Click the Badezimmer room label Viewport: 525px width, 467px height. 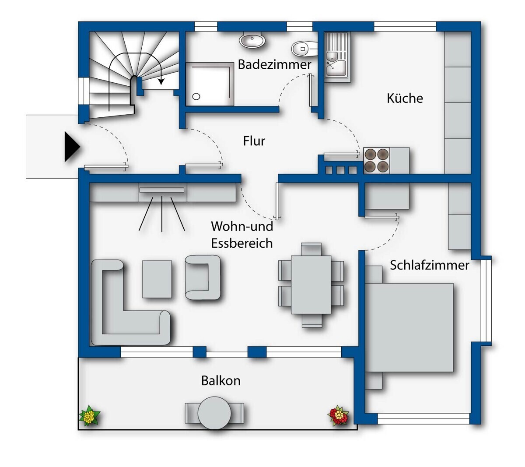274,64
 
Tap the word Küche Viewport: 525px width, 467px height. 405,98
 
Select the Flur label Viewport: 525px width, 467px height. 254,141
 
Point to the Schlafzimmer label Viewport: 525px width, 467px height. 429,265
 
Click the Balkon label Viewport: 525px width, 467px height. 221,381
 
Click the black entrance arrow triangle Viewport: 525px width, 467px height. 72,147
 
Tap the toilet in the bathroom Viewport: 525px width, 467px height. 304,49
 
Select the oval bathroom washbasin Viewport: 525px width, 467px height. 252,40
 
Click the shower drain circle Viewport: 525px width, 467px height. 196,97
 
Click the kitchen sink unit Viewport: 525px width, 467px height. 337,57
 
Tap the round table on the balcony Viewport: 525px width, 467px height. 214,413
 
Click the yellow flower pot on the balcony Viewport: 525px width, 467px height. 89,416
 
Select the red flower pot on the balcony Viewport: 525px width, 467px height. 339,416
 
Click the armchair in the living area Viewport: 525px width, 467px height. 203,277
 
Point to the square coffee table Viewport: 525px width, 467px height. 157,279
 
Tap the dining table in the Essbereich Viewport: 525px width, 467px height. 311,285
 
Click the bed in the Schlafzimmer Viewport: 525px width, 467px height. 409,327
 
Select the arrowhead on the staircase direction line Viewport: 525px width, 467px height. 161,81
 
